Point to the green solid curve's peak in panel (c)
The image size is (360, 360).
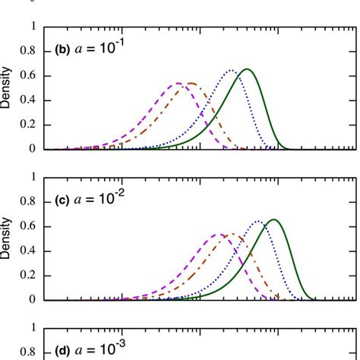point(273,219)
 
